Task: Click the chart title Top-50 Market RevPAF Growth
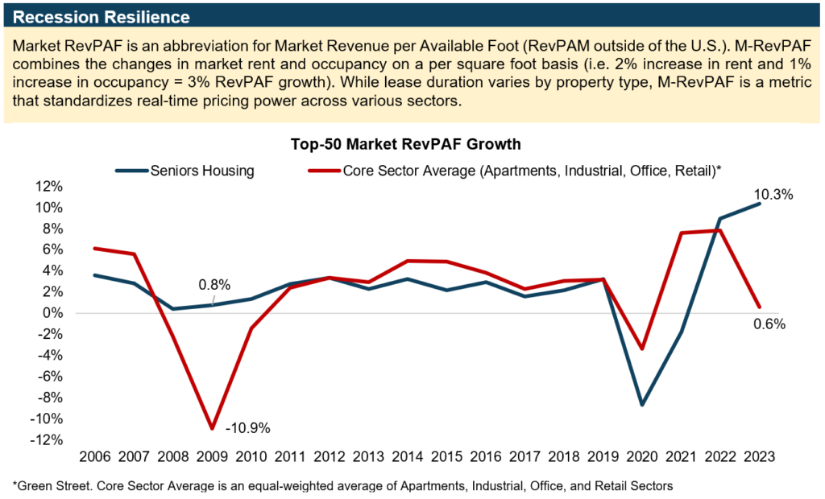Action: (x=406, y=145)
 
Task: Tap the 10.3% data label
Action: (x=774, y=194)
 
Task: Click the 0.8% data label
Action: (x=215, y=284)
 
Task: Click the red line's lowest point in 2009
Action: (x=213, y=428)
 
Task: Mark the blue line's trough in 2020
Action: (x=641, y=405)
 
